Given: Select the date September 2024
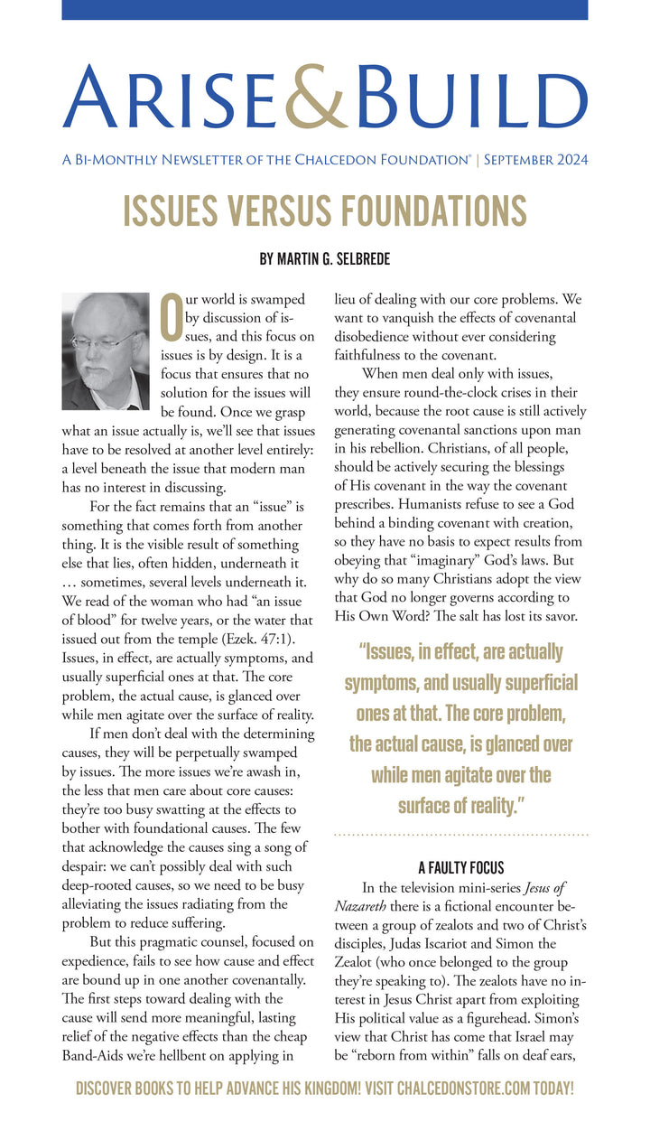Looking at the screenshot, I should pos(535,160).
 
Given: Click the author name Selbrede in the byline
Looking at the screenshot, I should pos(359,258).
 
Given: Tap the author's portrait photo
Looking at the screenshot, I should pos(106,350).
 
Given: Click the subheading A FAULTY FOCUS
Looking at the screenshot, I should pos(461,868).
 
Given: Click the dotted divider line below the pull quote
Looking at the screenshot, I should pos(461,835).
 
